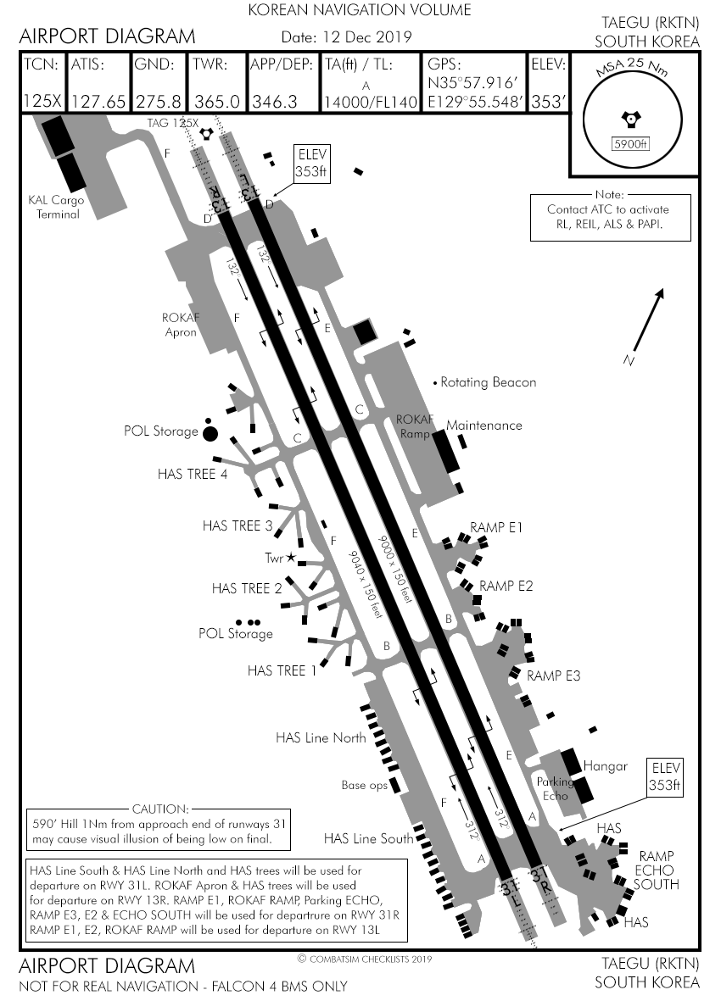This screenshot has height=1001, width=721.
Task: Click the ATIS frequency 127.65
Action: pyautogui.click(x=98, y=102)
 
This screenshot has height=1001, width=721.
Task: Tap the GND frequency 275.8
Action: pyautogui.click(x=158, y=102)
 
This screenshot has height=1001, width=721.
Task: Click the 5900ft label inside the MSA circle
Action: pyautogui.click(x=630, y=144)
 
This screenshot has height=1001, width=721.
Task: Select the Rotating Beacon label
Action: pyautogui.click(x=489, y=382)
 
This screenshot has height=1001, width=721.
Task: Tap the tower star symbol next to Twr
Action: pyautogui.click(x=291, y=557)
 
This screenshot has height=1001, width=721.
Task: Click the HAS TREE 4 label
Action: pyautogui.click(x=193, y=474)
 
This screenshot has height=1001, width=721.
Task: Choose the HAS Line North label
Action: pyautogui.click(x=321, y=737)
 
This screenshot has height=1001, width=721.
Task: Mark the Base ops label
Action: pyautogui.click(x=364, y=785)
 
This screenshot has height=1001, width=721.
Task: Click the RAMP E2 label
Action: pyautogui.click(x=506, y=586)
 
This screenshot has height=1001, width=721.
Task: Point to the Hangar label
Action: pyautogui.click(x=605, y=766)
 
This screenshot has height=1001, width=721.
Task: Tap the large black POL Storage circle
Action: pyautogui.click(x=210, y=433)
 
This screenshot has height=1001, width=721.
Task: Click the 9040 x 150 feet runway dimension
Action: pyautogui.click(x=367, y=583)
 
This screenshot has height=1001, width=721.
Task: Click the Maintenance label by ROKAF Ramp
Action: pyautogui.click(x=484, y=425)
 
